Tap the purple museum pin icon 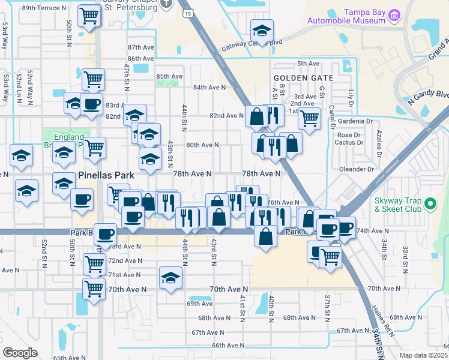(x=394, y=14)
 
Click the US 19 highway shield (x=188, y=12)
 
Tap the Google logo (x=20, y=353)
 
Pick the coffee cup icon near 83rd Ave (x=92, y=104)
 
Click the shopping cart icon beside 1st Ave (x=309, y=118)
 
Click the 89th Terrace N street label (x=44, y=8)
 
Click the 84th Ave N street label (x=209, y=87)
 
